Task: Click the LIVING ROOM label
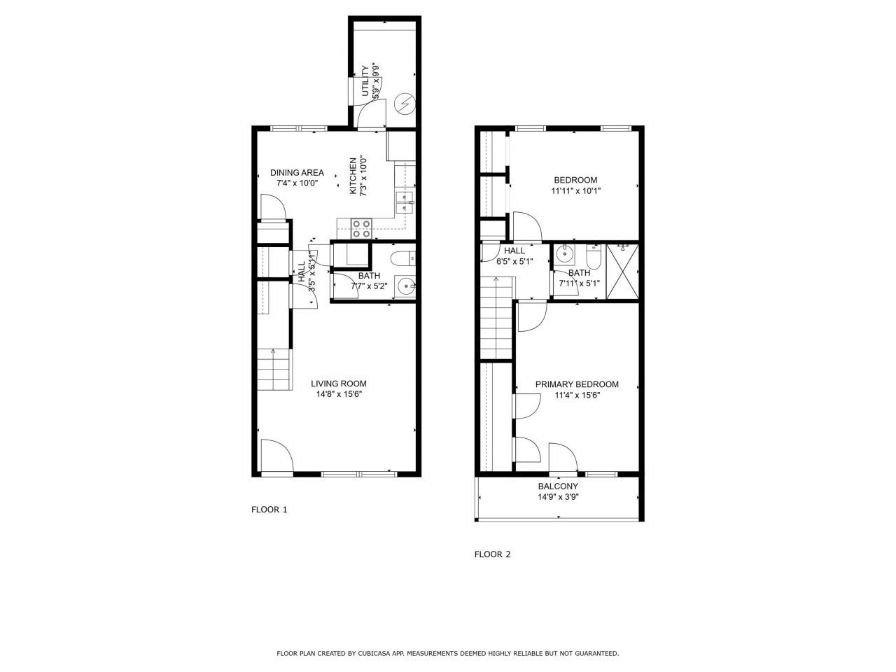[x=339, y=384]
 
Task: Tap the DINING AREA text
[x=297, y=173]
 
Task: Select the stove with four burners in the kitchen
[x=361, y=229]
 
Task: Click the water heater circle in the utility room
[x=404, y=104]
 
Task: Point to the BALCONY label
[x=558, y=486]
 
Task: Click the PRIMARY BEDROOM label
[x=577, y=384]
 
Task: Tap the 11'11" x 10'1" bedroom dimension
[x=576, y=190]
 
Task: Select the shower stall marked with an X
[x=622, y=271]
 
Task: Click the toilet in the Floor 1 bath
[x=404, y=259]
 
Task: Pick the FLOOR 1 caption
[x=269, y=510]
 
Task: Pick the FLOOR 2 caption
[x=493, y=554]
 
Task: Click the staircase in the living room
[x=273, y=369]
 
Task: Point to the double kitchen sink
[x=404, y=202]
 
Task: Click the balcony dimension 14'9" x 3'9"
[x=558, y=497]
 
